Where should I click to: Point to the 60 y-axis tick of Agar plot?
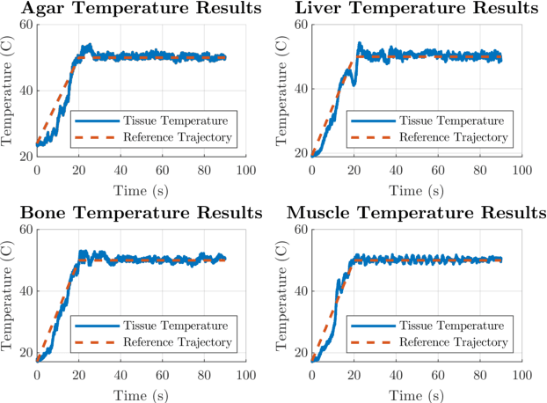point(26,25)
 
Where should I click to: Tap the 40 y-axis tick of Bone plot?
point(26,290)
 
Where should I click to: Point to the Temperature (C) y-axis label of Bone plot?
point(9,295)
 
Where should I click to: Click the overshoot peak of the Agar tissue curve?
point(88,46)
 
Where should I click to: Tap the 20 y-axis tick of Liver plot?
point(300,154)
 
